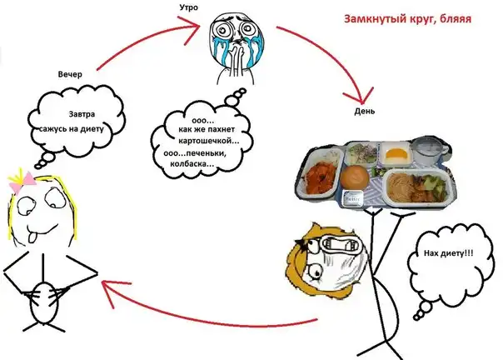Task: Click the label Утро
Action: point(187,7)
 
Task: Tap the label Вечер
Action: point(72,74)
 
